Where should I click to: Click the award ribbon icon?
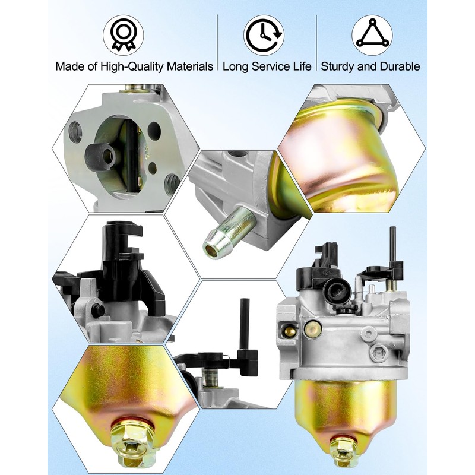click(123, 35)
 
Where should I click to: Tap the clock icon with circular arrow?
click(264, 35)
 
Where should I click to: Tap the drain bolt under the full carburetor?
click(343, 452)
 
